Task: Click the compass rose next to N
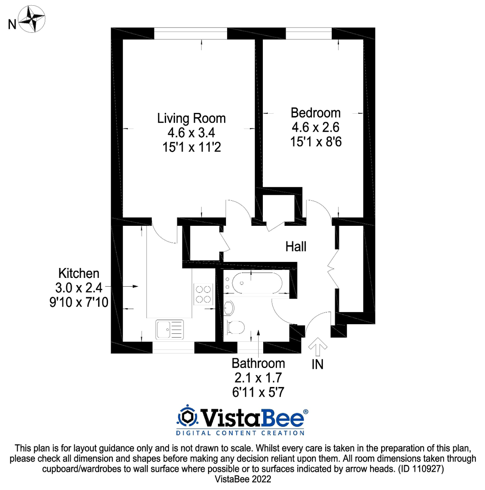32,19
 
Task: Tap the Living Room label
191,118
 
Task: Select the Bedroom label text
315,113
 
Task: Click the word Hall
296,247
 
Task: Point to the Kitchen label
79,273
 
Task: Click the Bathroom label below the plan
258,363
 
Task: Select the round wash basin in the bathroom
229,307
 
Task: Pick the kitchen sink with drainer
170,329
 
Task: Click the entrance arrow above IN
318,347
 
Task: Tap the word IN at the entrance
317,364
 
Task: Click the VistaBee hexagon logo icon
187,416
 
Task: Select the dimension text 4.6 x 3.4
191,133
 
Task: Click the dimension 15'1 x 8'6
316,142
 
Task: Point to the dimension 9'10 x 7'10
79,302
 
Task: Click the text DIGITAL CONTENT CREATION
240,433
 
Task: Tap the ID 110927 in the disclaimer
421,469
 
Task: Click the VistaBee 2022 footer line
242,479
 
